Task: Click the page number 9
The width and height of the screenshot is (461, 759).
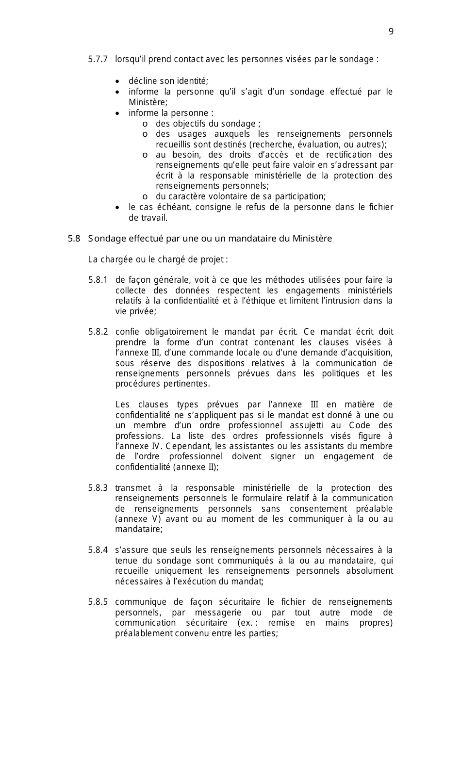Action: (x=391, y=32)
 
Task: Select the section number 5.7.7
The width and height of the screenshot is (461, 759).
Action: (x=98, y=60)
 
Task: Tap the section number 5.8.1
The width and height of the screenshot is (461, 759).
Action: (x=98, y=280)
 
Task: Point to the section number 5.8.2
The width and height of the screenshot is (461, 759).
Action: (x=98, y=332)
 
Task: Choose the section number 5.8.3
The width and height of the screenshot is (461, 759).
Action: (x=98, y=488)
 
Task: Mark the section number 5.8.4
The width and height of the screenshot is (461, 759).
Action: (x=98, y=550)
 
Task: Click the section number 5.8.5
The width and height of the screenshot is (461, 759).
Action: (x=98, y=602)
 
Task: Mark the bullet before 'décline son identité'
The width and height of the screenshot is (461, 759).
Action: (x=118, y=81)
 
